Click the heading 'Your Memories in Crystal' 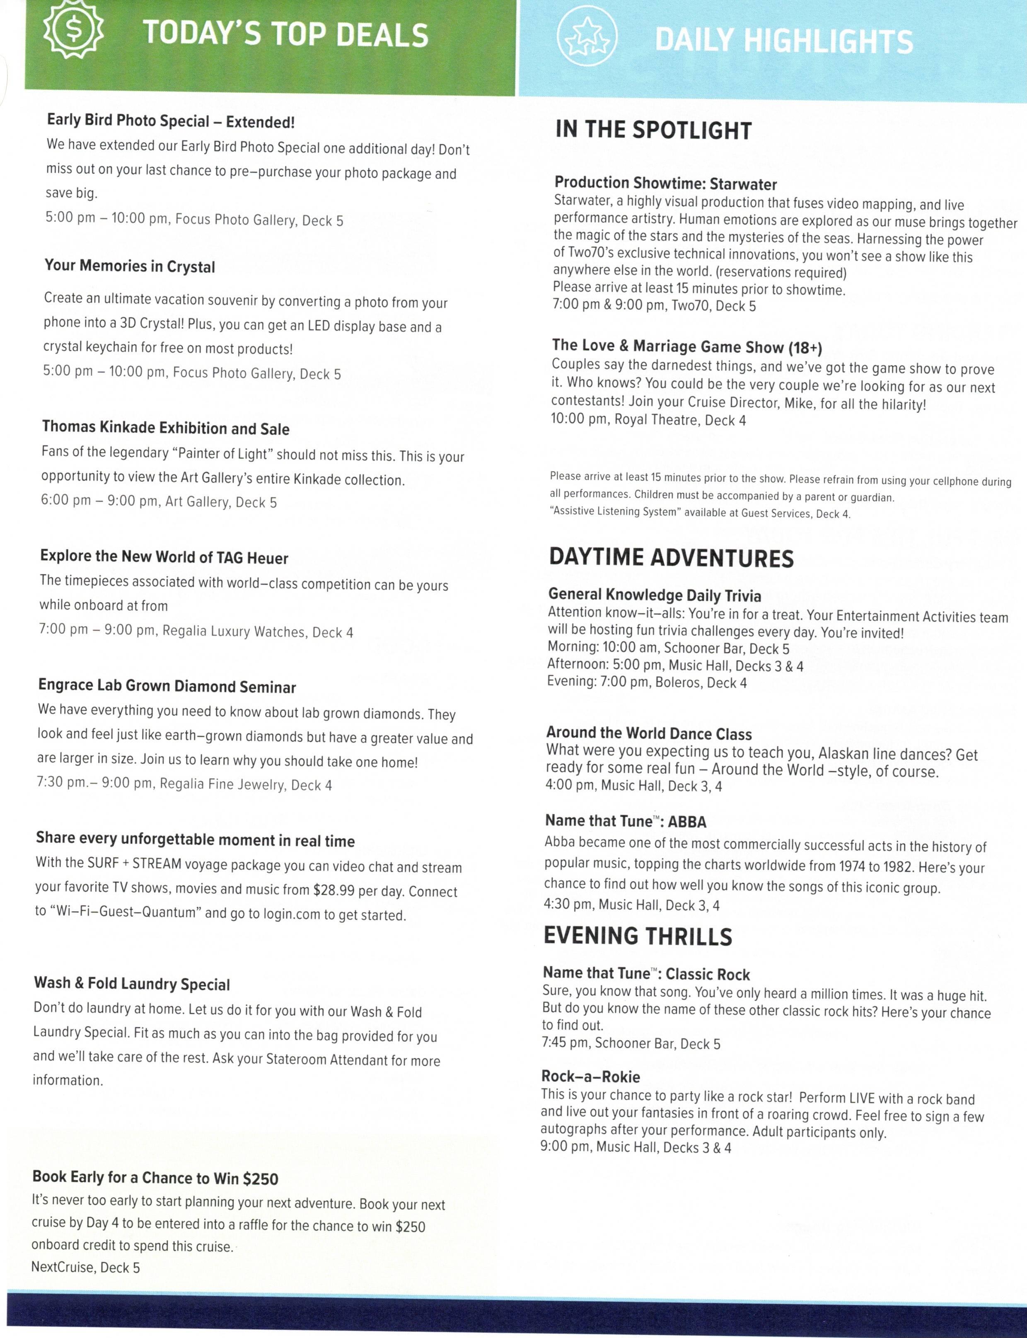[130, 266]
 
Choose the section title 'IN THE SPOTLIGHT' [653, 130]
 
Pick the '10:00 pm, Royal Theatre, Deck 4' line [648, 420]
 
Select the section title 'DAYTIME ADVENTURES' [671, 558]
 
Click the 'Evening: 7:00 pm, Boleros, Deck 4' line [647, 682]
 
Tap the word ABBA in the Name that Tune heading [687, 822]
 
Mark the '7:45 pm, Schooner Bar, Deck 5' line [631, 1044]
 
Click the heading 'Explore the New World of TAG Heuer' [164, 557]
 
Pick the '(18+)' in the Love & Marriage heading [805, 348]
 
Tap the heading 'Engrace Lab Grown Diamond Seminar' [167, 686]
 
